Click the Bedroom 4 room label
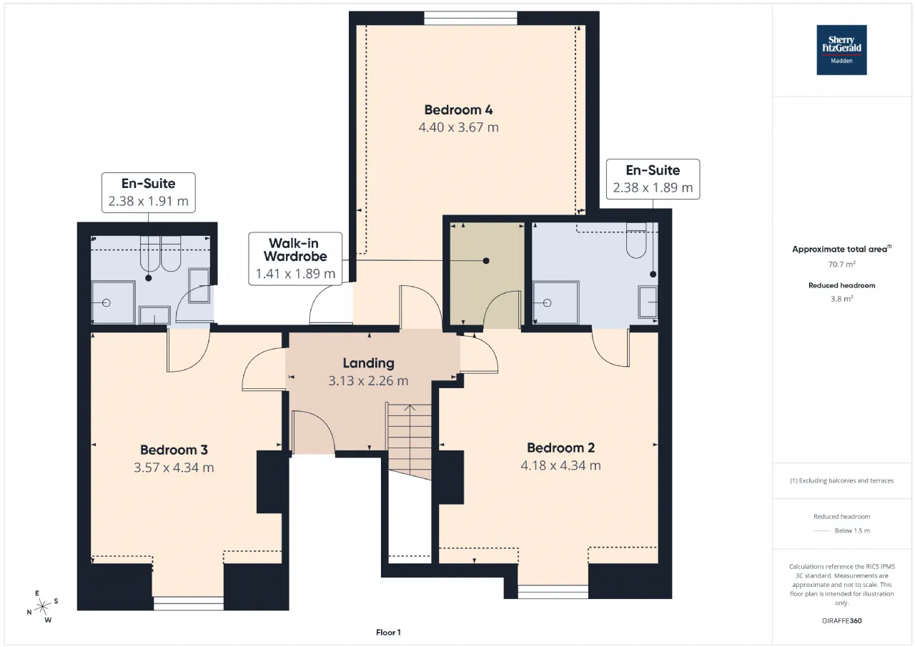coord(458,110)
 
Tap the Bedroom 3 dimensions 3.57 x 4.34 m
coord(174,468)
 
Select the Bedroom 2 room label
coord(560,448)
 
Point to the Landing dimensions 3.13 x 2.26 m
coord(368,380)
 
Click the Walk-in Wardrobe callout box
coord(295,259)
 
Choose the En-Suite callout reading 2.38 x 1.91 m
coord(148,192)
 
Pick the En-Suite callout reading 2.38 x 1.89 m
coord(653,179)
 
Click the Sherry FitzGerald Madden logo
coord(841,50)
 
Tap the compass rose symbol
coord(42,607)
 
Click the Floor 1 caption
coord(388,632)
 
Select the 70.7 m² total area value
coord(842,265)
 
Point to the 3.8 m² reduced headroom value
coord(842,299)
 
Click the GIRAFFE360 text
coord(842,621)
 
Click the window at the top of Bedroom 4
coord(470,19)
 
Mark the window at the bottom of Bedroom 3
coord(188,603)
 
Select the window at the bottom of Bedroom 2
coord(553,592)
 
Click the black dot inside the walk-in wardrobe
coord(485,261)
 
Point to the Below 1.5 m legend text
coord(852,530)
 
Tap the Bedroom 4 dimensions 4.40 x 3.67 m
coord(458,127)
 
